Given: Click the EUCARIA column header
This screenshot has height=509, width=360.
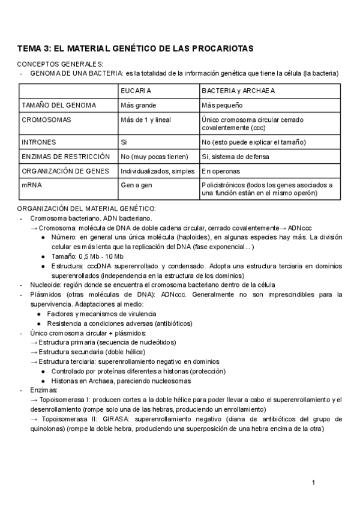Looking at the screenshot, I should pos(136,91).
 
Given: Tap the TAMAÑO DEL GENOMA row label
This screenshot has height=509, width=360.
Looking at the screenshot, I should pos(58,105).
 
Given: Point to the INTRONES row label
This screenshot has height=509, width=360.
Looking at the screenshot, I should pos(38,142).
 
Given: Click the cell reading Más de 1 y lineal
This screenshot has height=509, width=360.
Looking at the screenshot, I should pos(146,119).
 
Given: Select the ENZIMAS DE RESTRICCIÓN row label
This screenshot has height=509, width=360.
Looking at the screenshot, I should pos(65,157).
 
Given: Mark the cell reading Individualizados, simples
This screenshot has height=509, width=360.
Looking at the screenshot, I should pos(157,171).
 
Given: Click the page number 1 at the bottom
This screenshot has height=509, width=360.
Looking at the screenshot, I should pos(313,483).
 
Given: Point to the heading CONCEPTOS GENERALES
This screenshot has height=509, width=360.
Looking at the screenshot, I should pos(60,64).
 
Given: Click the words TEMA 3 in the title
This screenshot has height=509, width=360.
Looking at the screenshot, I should pos(34,49).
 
